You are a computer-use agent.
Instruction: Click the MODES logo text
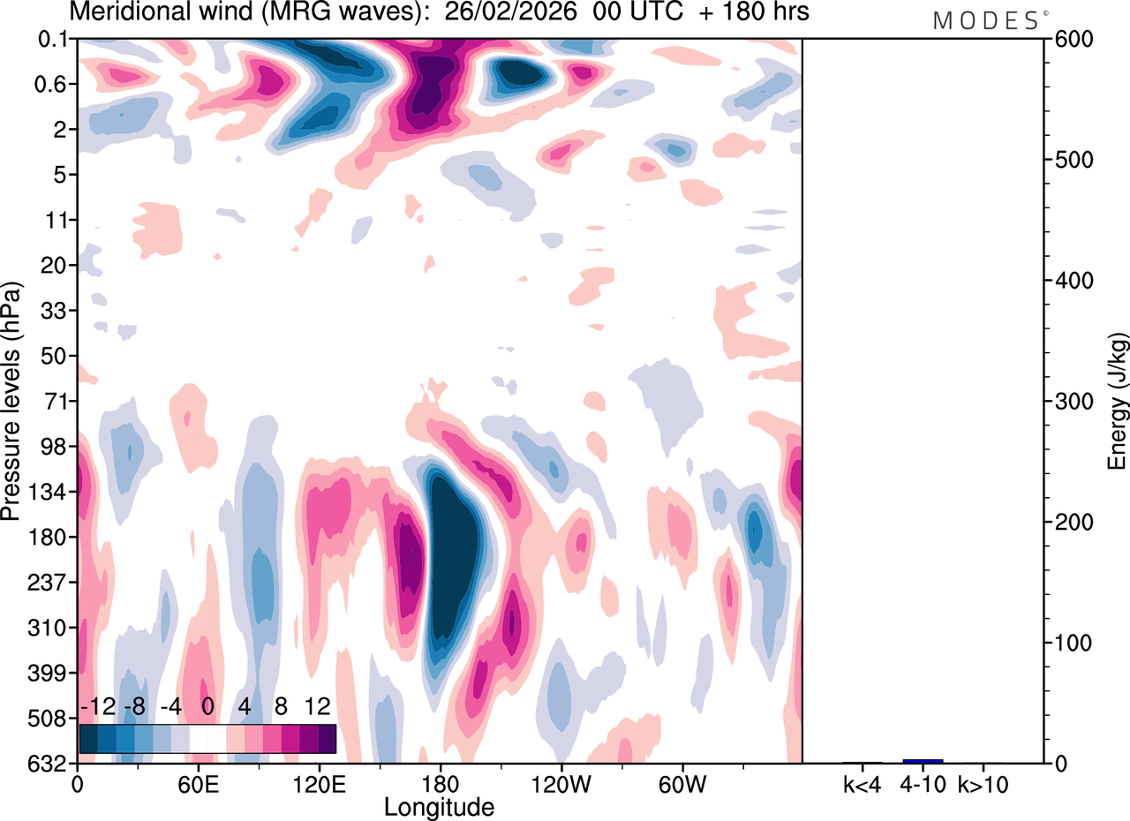point(986,20)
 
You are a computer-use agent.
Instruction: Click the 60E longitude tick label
point(198,784)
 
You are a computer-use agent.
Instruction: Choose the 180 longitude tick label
point(439,784)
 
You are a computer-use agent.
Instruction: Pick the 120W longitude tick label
point(560,784)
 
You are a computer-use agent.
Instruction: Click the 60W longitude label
point(681,784)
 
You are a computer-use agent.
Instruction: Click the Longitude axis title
point(439,806)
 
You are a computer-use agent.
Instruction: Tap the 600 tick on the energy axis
point(1067,40)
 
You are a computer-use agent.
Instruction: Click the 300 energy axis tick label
point(1067,402)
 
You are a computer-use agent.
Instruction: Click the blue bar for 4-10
point(923,761)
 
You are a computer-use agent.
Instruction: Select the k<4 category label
point(863,784)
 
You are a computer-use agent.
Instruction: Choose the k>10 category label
point(983,784)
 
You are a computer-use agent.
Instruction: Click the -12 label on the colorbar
point(97,707)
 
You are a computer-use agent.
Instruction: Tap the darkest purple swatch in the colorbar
point(327,738)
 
